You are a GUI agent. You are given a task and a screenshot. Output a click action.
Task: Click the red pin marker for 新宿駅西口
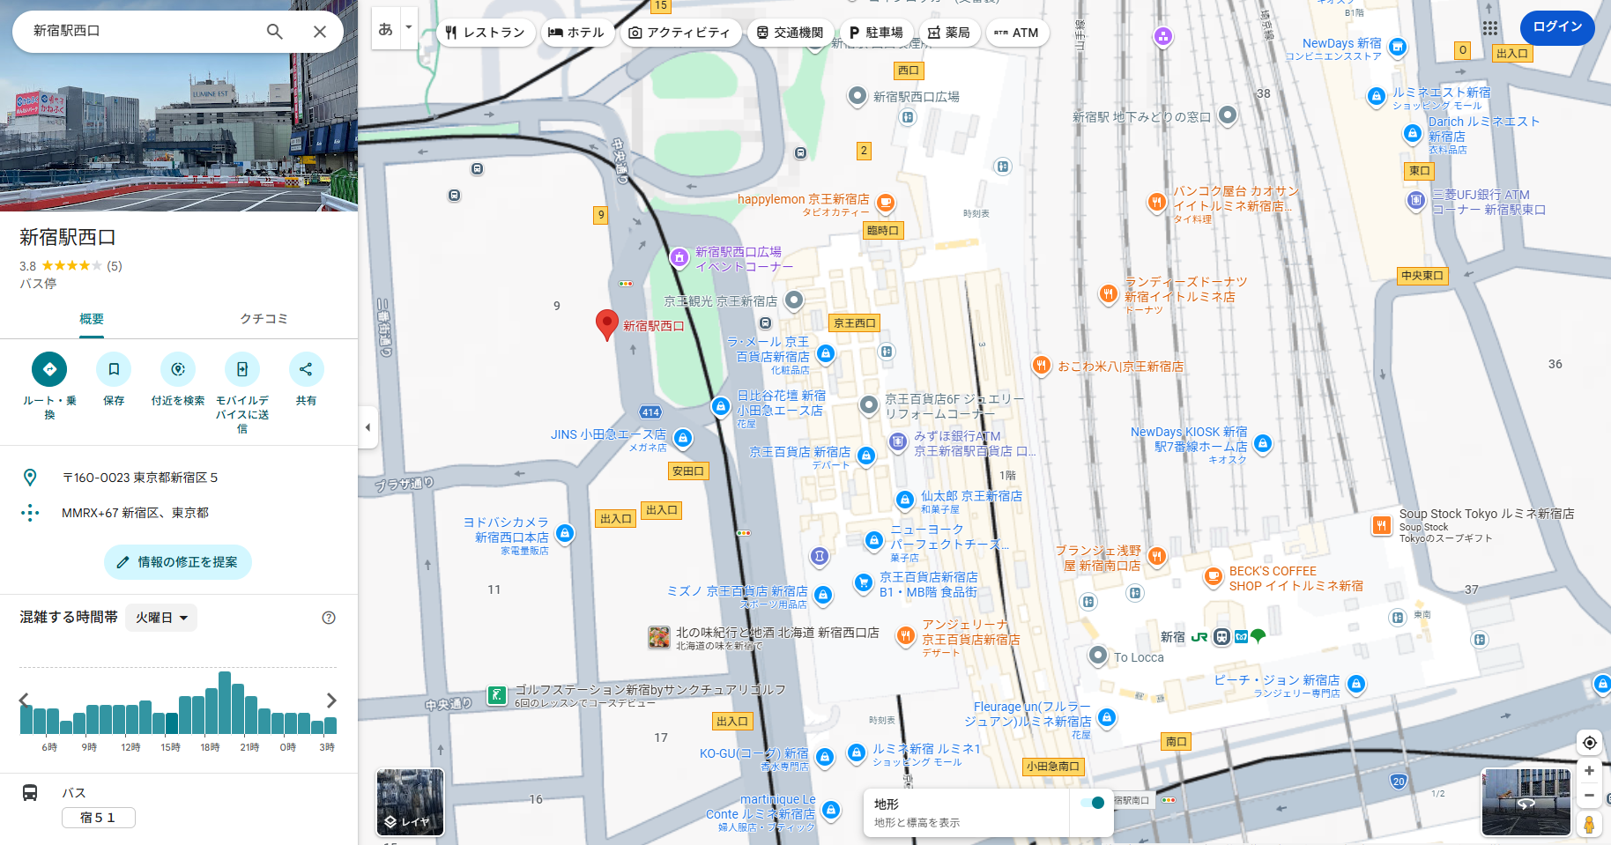(606, 323)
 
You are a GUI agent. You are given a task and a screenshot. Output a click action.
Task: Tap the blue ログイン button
(1557, 27)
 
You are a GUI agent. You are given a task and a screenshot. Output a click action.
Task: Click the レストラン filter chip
(486, 33)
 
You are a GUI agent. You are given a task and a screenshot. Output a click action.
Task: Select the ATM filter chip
(1017, 33)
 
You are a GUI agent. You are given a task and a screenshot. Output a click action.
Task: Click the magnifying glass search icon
(275, 32)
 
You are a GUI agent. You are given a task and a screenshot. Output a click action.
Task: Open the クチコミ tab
(264, 319)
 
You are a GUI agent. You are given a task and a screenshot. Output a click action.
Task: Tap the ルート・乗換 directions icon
(49, 369)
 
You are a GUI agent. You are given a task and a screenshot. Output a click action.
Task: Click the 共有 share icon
(306, 369)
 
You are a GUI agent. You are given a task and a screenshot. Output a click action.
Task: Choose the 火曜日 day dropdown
(161, 618)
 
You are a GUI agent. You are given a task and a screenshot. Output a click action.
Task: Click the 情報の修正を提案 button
(178, 562)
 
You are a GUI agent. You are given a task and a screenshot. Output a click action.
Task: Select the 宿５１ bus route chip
(98, 818)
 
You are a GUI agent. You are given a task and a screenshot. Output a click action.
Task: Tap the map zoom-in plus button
(1589, 771)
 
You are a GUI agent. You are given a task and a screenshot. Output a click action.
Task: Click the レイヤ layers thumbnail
(410, 802)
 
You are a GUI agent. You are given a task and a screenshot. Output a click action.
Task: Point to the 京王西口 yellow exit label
(854, 323)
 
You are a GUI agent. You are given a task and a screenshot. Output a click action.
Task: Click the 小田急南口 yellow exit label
(1052, 767)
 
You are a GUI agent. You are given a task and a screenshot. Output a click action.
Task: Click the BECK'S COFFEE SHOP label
(1295, 578)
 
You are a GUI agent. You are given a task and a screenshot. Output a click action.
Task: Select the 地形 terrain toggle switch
(1092, 803)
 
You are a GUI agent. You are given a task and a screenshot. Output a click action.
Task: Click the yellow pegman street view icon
(1589, 825)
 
